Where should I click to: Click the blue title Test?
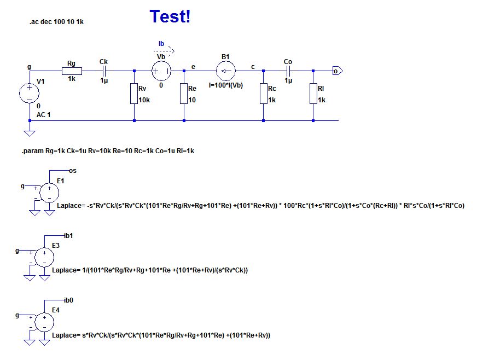pyautogui.click(x=170, y=17)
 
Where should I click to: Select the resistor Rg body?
pyautogui.click(x=72, y=71)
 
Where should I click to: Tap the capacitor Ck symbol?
pyautogui.click(x=103, y=71)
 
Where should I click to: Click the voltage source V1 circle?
pyautogui.click(x=29, y=92)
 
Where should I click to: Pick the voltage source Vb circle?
pyautogui.click(x=161, y=71)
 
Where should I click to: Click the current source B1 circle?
pyautogui.click(x=225, y=71)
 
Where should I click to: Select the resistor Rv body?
pyautogui.click(x=134, y=94)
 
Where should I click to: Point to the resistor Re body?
pyautogui.click(x=184, y=94)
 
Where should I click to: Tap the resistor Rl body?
pyautogui.click(x=313, y=94)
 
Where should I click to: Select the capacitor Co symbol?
pyautogui.click(x=288, y=71)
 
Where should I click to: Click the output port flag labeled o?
pyautogui.click(x=337, y=71)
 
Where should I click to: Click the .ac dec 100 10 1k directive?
pyautogui.click(x=56, y=22)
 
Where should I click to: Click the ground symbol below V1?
pyautogui.click(x=29, y=132)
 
